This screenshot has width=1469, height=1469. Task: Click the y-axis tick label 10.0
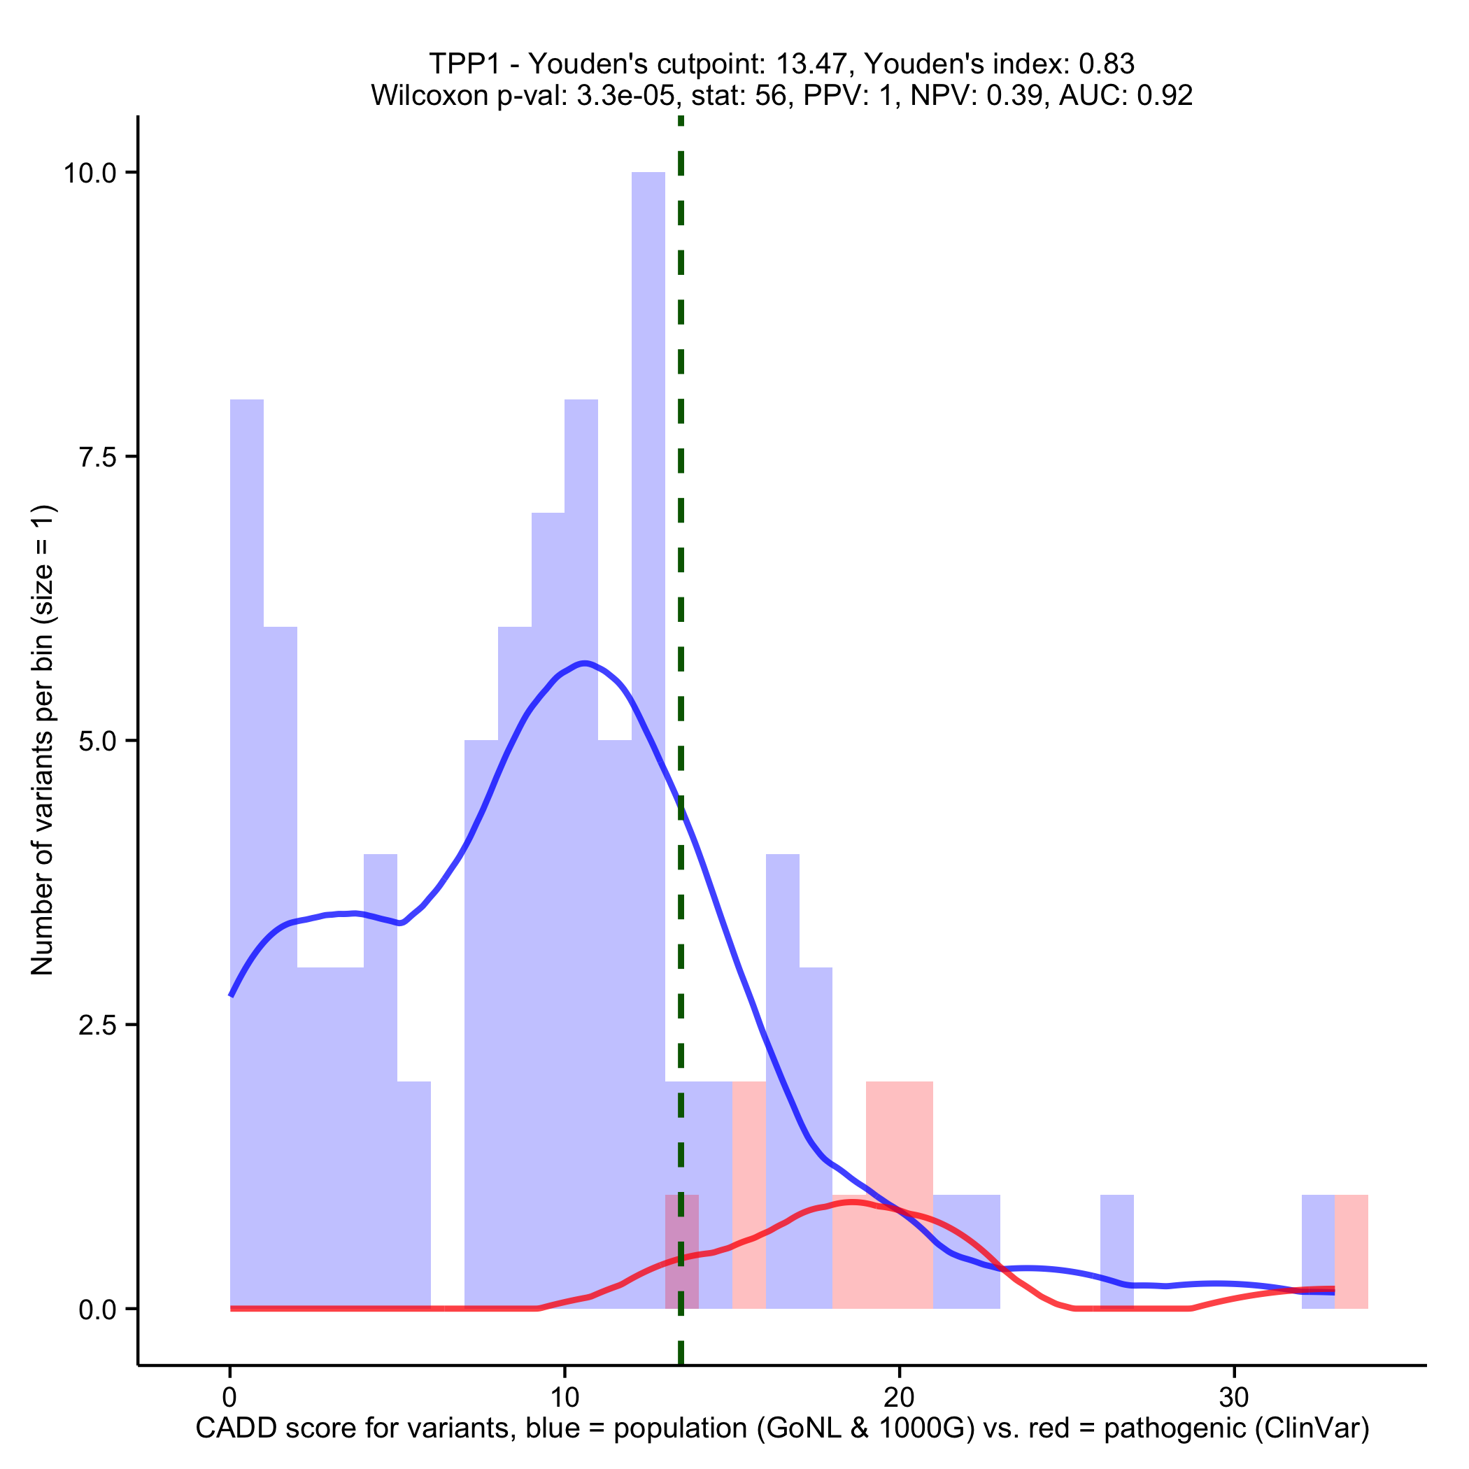(90, 173)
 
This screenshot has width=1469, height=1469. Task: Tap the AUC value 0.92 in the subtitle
(1164, 95)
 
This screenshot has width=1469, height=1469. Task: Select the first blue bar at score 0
(247, 837)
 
